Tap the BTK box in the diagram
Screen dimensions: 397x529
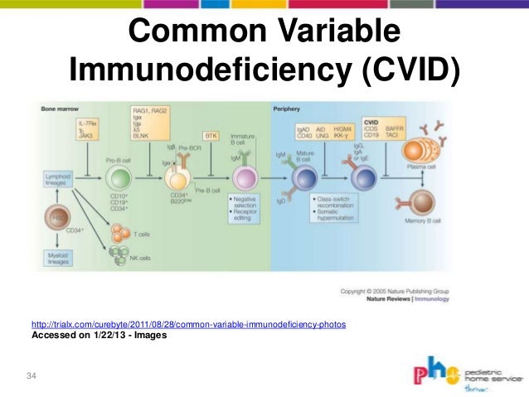(211, 135)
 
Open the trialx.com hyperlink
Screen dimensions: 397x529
(188, 324)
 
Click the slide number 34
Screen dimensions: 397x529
(32, 378)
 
